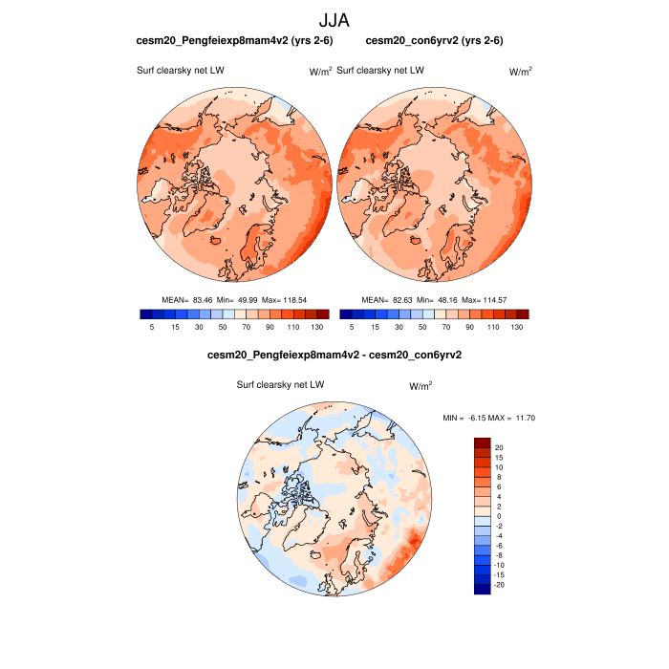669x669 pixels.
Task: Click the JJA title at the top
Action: coord(334,19)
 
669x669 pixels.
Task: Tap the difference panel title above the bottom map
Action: coord(334,355)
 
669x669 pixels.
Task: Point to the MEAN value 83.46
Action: coord(201,300)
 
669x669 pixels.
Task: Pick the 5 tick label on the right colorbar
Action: coord(351,327)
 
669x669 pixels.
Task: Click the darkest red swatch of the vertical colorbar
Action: coord(483,443)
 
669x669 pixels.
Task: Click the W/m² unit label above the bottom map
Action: coord(421,385)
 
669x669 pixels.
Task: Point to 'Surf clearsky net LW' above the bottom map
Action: coord(281,384)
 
